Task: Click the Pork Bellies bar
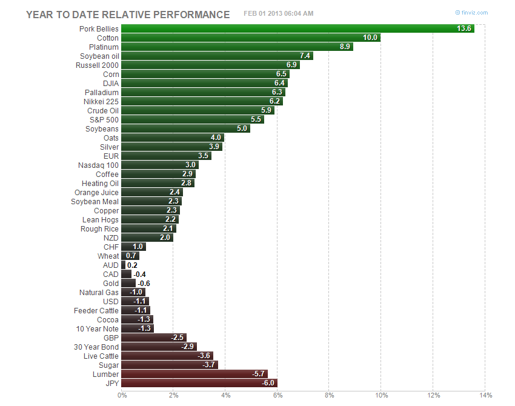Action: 297,28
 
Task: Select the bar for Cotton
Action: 250,38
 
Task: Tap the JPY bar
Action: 199,383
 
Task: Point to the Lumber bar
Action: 194,374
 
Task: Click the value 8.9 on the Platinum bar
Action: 344,47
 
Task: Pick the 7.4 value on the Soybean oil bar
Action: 305,56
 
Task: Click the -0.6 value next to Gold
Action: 144,283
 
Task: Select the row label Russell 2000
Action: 97,65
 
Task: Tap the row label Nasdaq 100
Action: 98,165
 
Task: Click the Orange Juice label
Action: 96,192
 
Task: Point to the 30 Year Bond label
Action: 96,347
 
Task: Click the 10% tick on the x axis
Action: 380,396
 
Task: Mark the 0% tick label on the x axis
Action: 122,396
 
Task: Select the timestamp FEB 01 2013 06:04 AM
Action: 278,14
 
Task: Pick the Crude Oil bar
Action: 198,110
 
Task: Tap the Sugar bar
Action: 169,365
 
